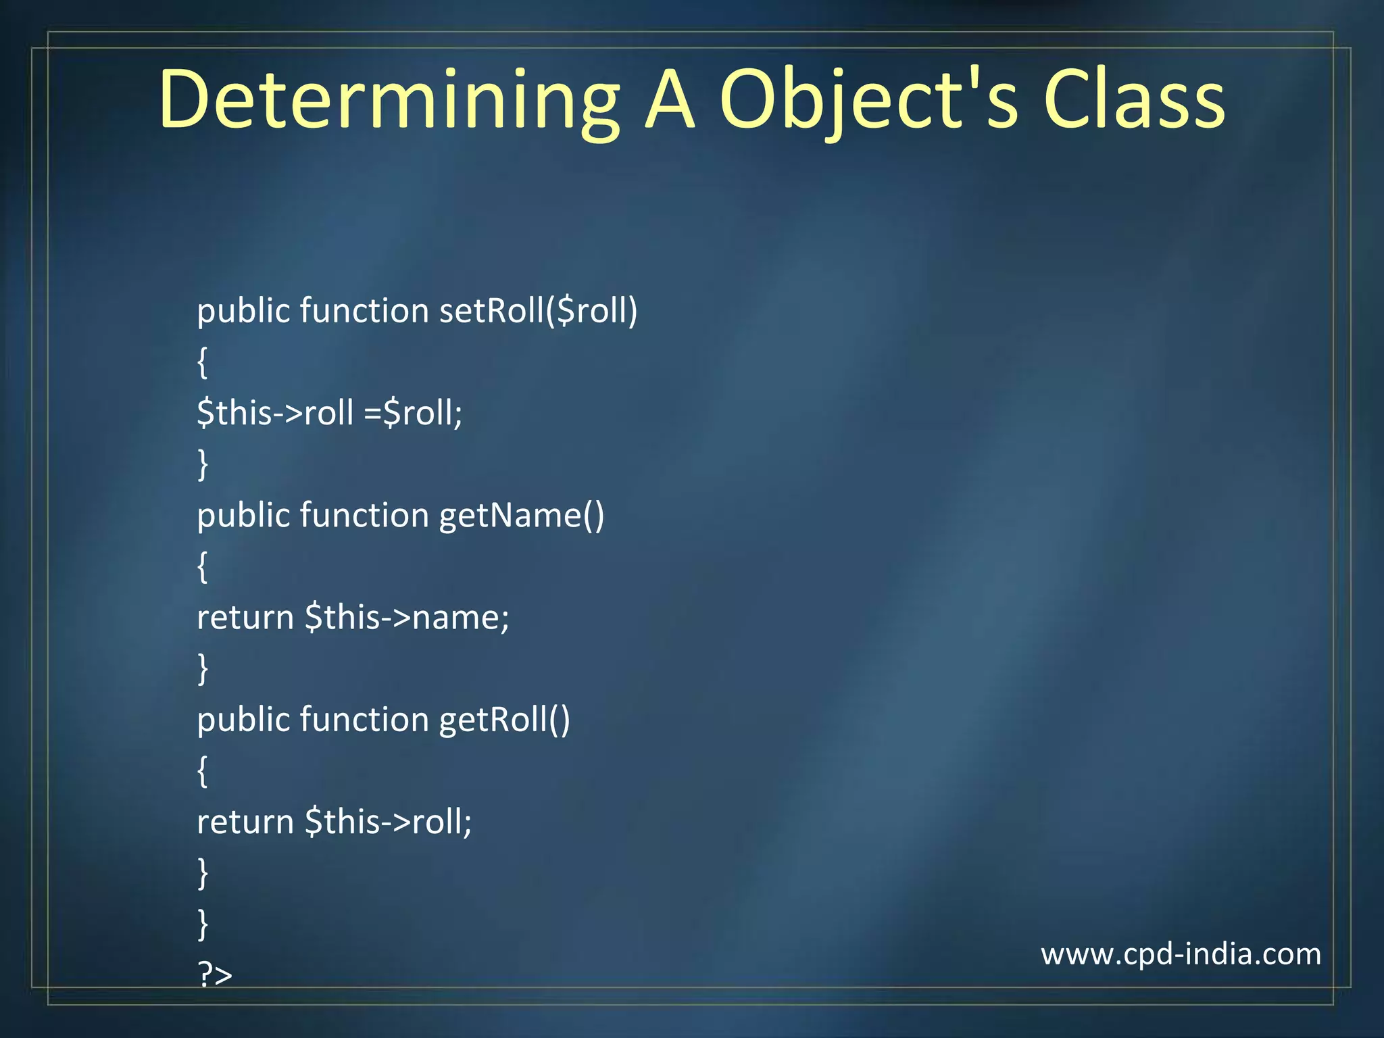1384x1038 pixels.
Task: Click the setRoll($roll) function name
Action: [x=538, y=312]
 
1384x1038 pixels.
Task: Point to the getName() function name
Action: [x=522, y=516]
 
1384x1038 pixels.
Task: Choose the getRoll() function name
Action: [x=504, y=720]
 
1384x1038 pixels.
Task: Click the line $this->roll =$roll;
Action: [x=330, y=413]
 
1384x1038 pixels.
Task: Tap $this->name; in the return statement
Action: [x=407, y=618]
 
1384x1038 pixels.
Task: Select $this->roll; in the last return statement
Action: [x=388, y=822]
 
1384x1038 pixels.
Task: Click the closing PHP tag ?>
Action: [x=215, y=974]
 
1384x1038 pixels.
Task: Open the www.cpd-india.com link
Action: [x=1181, y=954]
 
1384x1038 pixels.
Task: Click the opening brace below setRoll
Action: [x=202, y=363]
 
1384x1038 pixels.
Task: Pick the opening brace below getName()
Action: [x=202, y=567]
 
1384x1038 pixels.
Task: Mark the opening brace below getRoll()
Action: [x=202, y=772]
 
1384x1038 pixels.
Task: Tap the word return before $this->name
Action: [x=245, y=618]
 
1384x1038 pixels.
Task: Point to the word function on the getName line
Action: [x=364, y=516]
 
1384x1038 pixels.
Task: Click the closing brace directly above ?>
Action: [x=202, y=924]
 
